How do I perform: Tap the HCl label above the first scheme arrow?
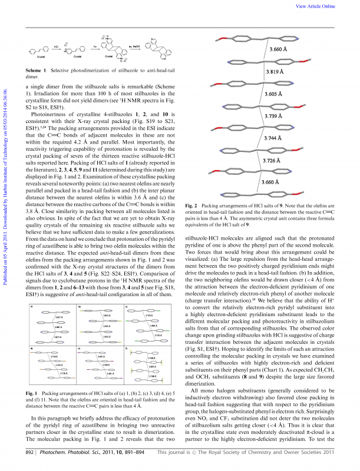pyautogui.click(x=55, y=44)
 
